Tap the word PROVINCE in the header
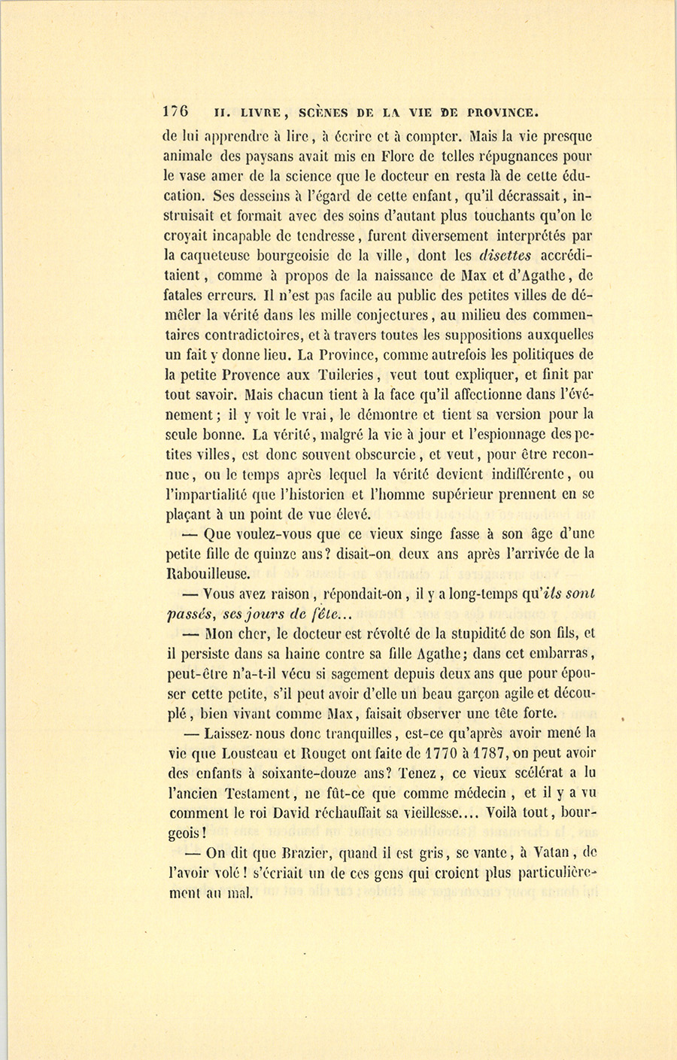pos(502,113)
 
